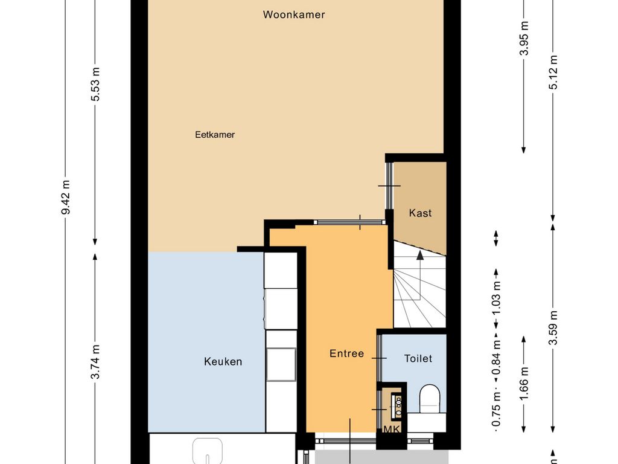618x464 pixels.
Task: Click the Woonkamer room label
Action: point(294,14)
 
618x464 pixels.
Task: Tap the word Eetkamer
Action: point(215,135)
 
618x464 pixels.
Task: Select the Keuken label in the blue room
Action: point(223,362)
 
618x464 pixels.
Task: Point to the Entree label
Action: point(346,353)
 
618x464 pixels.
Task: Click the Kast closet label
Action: point(420,213)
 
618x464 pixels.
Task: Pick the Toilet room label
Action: point(418,359)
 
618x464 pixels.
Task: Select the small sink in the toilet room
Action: point(398,405)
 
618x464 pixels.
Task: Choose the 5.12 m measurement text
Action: point(553,72)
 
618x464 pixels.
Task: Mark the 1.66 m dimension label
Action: point(524,381)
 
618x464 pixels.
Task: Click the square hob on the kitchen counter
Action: point(281,364)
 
